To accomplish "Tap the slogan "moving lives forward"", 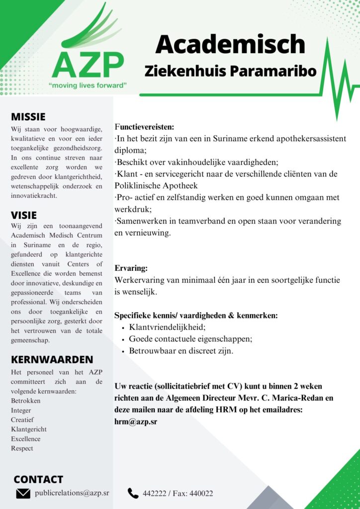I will point(88,85).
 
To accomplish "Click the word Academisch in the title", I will point(230,44).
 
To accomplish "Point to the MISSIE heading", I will point(28,117).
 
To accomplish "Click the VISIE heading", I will point(23,215).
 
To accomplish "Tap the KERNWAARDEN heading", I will point(52,359).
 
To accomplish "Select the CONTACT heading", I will point(38,479).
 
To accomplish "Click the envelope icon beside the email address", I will point(23,494).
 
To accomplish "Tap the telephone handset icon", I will point(133,493).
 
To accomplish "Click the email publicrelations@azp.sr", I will point(72,494).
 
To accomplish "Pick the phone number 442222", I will point(154,494).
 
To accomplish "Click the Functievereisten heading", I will point(144,127).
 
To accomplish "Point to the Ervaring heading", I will point(131,268).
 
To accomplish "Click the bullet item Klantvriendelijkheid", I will point(167,327).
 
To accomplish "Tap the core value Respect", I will point(22,448).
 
